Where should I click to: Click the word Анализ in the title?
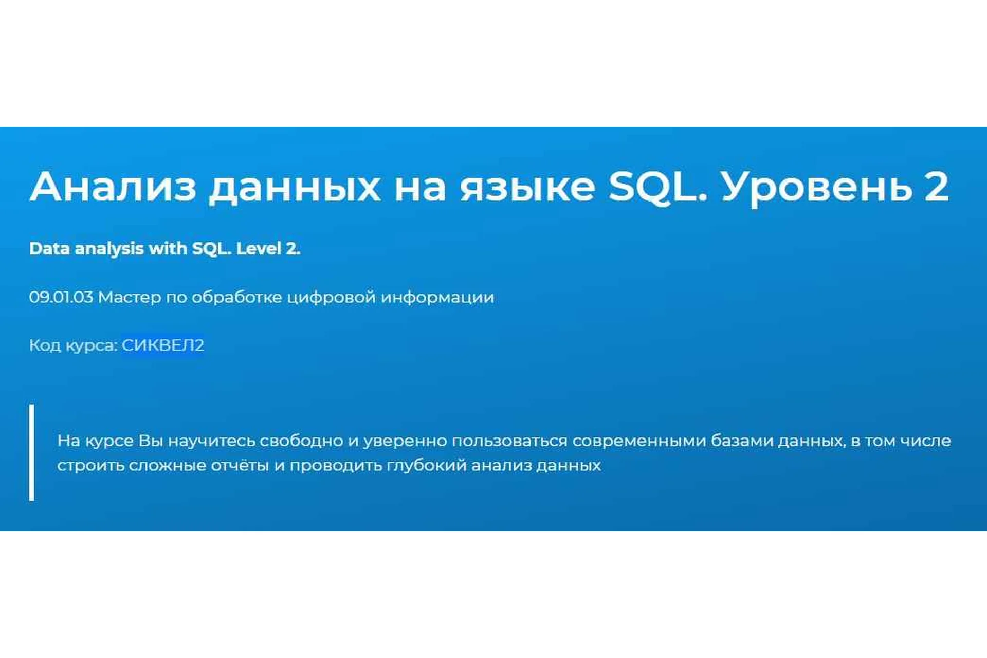coord(113,186)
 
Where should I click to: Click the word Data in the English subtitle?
coord(49,249)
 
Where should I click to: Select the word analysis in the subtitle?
coord(109,249)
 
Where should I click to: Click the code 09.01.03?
coord(61,297)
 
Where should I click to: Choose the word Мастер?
coord(129,297)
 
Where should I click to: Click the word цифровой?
coord(331,297)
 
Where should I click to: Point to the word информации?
coord(437,297)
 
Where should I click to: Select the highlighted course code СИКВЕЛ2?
coord(162,345)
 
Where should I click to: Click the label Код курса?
coord(74,345)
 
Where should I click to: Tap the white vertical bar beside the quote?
coord(32,452)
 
